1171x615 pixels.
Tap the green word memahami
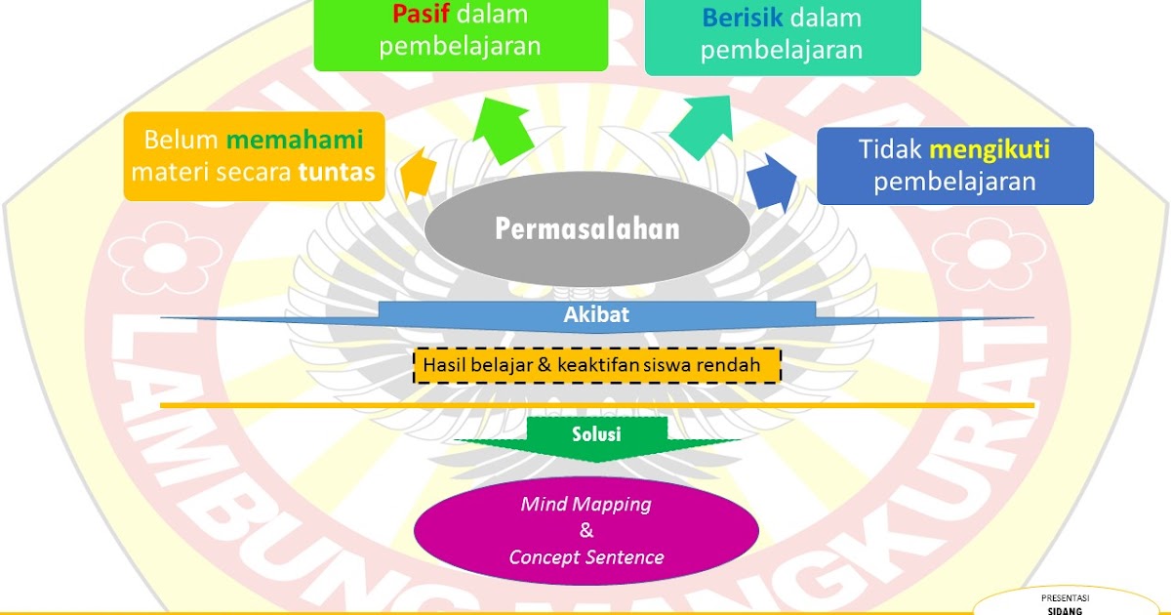[x=295, y=139]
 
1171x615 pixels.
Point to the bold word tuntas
[x=337, y=173]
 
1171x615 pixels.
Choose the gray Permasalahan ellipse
[x=586, y=228]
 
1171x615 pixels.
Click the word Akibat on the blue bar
[x=596, y=314]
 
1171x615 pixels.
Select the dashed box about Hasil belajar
[x=597, y=365]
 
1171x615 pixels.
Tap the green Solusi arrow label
[x=596, y=433]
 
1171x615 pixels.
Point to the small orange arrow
[x=418, y=174]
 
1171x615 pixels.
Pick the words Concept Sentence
[x=586, y=557]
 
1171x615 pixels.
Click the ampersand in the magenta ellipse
[x=586, y=531]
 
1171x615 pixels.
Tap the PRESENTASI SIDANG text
[x=1066, y=602]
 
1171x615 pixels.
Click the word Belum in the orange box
[x=181, y=139]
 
